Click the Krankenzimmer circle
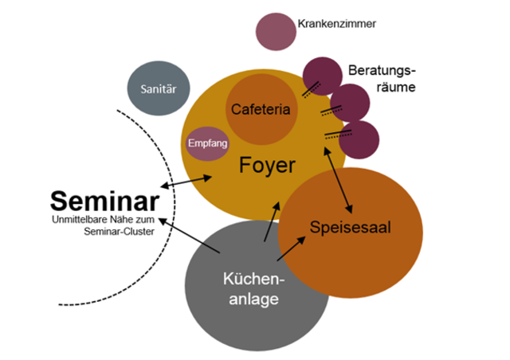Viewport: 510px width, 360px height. pyautogui.click(x=274, y=30)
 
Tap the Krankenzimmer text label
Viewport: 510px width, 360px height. pyautogui.click(x=336, y=24)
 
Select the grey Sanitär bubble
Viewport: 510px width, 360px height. pyautogui.click(x=159, y=88)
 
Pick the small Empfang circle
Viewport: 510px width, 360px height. pyautogui.click(x=207, y=143)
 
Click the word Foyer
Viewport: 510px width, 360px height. pyautogui.click(x=267, y=166)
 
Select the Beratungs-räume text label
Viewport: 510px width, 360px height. pyautogui.click(x=382, y=78)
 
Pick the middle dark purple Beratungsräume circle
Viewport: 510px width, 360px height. pyautogui.click(x=349, y=104)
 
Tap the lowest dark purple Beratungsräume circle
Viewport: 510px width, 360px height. pyautogui.click(x=359, y=139)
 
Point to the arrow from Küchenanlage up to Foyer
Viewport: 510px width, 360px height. pyautogui.click(x=271, y=220)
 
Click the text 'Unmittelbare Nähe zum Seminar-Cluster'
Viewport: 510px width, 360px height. pyautogui.click(x=101, y=225)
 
